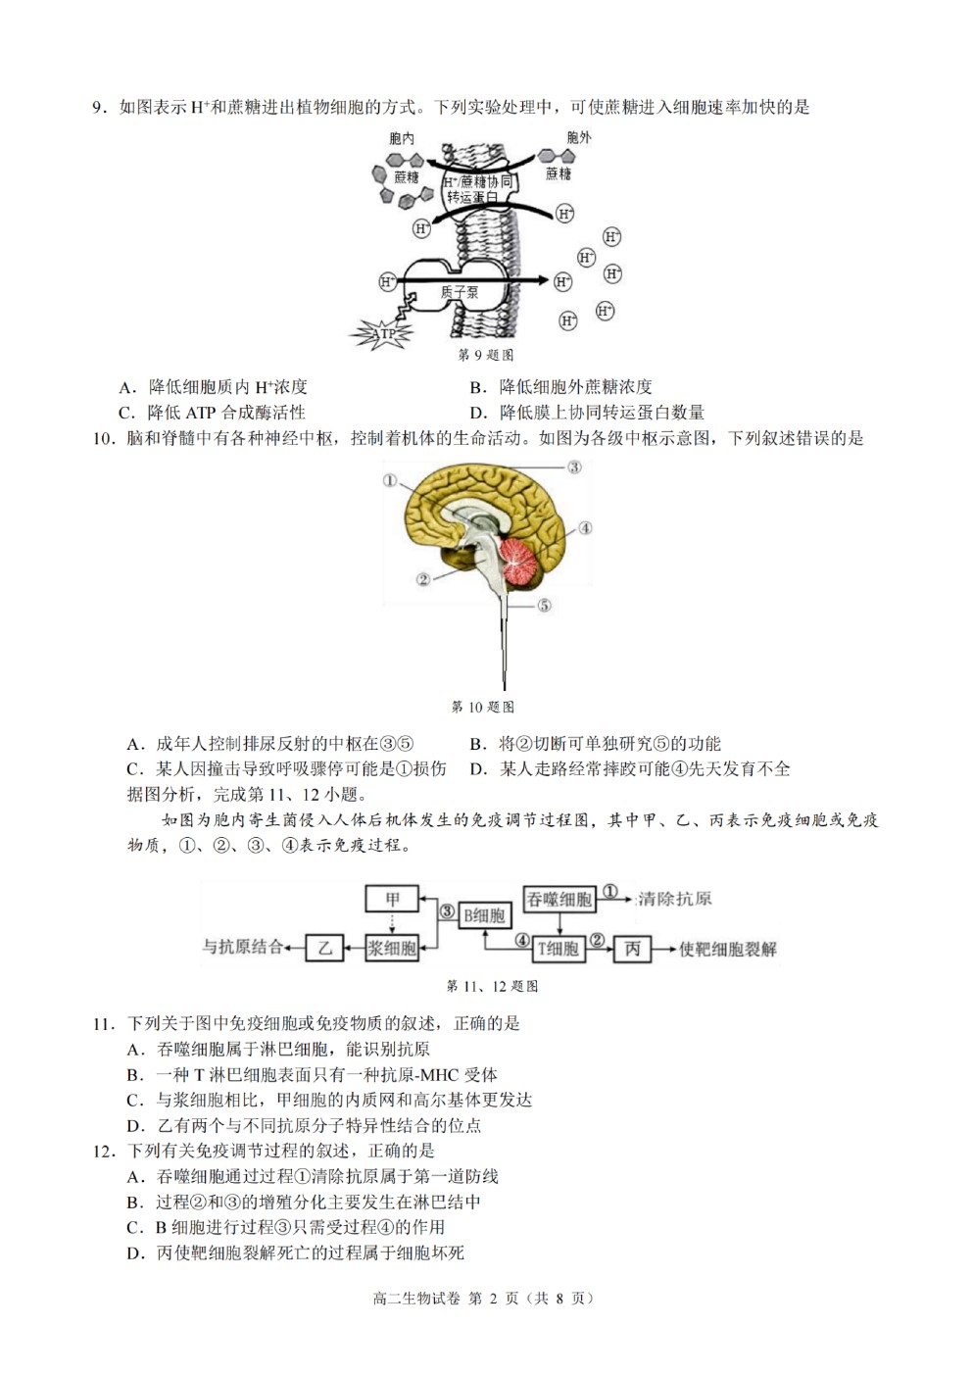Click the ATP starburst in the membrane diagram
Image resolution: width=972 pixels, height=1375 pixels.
pyautogui.click(x=382, y=334)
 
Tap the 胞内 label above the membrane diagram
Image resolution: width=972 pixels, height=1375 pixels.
pyautogui.click(x=402, y=138)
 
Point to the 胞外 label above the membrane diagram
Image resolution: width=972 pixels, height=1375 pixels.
pyautogui.click(x=579, y=137)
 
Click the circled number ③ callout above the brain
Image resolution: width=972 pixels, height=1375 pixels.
pyautogui.click(x=574, y=467)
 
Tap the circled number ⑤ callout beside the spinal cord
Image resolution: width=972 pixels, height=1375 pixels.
pyautogui.click(x=544, y=606)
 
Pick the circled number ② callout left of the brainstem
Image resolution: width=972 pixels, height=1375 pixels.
pyautogui.click(x=423, y=579)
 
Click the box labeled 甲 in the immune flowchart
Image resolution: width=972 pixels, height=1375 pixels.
pyautogui.click(x=392, y=900)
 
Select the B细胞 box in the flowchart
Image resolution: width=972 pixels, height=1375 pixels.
pyautogui.click(x=484, y=916)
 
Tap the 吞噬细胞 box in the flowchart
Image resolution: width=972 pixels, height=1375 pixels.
pyautogui.click(x=559, y=900)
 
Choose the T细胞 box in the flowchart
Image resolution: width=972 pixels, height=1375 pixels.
pyautogui.click(x=558, y=949)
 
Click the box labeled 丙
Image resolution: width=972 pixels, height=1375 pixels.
pyautogui.click(x=632, y=949)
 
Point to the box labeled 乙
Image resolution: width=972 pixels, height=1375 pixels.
pyautogui.click(x=324, y=948)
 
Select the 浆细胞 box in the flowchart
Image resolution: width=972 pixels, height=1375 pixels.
pyautogui.click(x=392, y=948)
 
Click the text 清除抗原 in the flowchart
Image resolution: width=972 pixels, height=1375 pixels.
pyautogui.click(x=674, y=900)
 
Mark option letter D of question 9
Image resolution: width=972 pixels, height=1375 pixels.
pyautogui.click(x=477, y=414)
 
